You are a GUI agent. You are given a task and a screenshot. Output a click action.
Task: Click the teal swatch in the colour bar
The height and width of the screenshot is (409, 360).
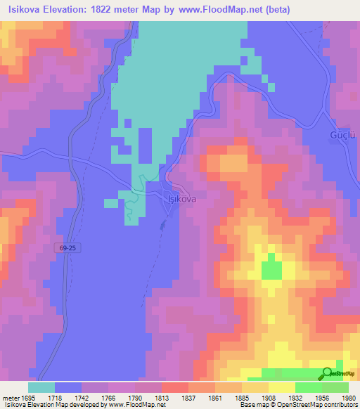41,387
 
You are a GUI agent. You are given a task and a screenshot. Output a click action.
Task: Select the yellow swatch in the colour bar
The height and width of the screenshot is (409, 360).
281,387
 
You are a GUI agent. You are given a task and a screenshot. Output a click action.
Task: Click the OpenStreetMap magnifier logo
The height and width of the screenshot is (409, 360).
328,374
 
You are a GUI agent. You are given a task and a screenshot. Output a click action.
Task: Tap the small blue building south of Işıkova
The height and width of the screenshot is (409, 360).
163,225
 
